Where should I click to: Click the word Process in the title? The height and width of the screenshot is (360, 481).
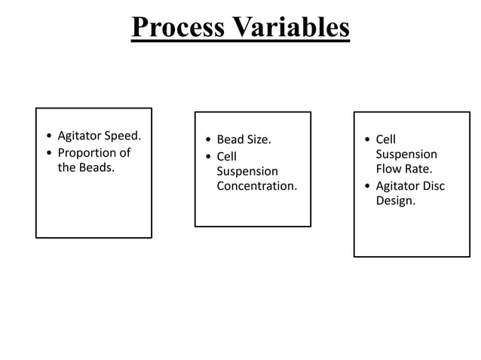tap(177, 27)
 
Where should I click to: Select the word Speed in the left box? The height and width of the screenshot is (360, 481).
tap(124, 137)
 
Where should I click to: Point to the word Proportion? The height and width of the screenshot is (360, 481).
tap(85, 153)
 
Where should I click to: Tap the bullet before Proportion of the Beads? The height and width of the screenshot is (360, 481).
tap(49, 154)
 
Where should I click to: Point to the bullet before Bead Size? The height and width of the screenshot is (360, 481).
tap(208, 140)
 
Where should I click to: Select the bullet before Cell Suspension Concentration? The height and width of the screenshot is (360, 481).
tap(208, 157)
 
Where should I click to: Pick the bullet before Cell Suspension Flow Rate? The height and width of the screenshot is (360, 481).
tap(367, 140)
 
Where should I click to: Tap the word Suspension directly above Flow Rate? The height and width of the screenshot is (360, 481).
tap(406, 154)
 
